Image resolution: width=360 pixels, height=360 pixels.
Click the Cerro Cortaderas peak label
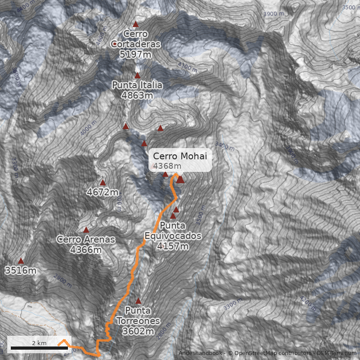[x=135, y=44]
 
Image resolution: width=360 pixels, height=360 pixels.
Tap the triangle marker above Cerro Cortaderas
[x=135, y=24]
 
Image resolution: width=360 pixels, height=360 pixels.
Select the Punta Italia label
[x=137, y=90]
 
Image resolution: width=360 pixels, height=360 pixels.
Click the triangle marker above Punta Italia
[x=137, y=76]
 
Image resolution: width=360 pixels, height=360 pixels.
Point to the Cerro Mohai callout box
[x=180, y=161]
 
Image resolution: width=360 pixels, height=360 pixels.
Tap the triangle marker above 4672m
[x=103, y=183]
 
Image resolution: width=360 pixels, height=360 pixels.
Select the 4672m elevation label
[x=102, y=193]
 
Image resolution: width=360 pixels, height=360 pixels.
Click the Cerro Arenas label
[x=85, y=244]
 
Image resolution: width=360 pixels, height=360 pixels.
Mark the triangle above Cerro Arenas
[x=86, y=230]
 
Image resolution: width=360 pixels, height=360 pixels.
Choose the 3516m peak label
[x=20, y=270]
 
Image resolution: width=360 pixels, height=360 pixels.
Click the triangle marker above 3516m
[x=21, y=261]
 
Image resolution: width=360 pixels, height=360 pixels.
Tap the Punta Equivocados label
[x=173, y=235]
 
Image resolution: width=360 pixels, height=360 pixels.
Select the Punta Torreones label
[x=138, y=321]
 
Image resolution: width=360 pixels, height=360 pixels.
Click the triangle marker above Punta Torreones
[x=138, y=301]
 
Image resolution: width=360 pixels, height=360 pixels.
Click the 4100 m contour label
[x=187, y=67]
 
